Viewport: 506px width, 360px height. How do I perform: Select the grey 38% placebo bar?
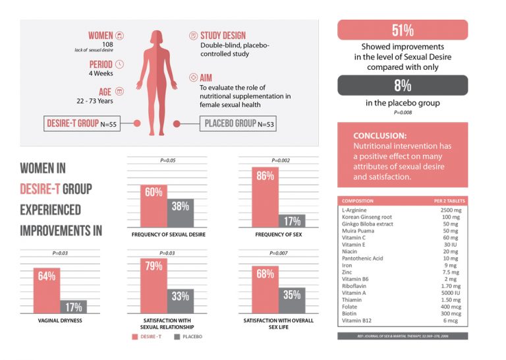(x=181, y=212)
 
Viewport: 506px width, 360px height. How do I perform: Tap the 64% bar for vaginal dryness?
(x=47, y=290)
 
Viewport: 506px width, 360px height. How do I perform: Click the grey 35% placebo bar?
(x=292, y=301)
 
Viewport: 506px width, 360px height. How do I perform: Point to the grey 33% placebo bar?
(x=181, y=301)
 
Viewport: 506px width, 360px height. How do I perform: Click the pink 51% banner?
(x=403, y=30)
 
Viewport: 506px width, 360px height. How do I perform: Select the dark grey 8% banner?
(x=403, y=86)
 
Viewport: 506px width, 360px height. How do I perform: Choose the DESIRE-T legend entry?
(x=152, y=336)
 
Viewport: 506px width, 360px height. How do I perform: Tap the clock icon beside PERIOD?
(x=119, y=64)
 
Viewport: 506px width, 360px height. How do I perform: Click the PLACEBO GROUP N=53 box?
(x=237, y=123)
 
